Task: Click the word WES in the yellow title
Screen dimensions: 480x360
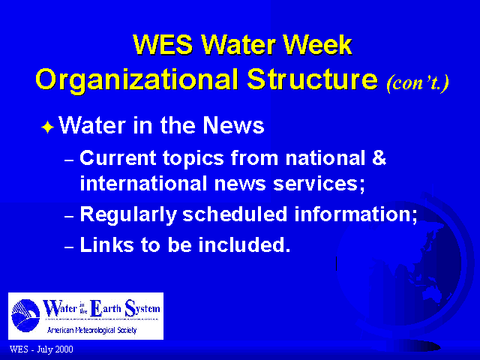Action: tap(163, 45)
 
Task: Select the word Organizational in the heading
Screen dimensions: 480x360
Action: tap(136, 80)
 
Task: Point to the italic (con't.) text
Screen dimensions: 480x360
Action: tap(418, 82)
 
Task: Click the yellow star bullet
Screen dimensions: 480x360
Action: tap(48, 127)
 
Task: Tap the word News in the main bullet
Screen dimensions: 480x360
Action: tap(233, 125)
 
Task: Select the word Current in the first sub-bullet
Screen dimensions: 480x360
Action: tap(118, 158)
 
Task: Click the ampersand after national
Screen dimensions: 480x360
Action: tap(379, 158)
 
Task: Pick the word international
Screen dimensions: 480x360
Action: tap(143, 183)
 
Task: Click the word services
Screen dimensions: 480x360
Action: tap(319, 184)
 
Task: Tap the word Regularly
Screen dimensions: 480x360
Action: tap(128, 215)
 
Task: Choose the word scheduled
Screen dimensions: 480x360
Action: tap(235, 214)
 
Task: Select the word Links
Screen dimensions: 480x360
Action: tap(107, 244)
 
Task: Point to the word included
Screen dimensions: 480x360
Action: tap(244, 244)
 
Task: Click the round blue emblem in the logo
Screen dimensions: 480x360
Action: tap(25, 316)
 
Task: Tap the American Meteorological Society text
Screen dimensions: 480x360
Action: tap(91, 330)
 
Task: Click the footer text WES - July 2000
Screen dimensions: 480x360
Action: tap(41, 349)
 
